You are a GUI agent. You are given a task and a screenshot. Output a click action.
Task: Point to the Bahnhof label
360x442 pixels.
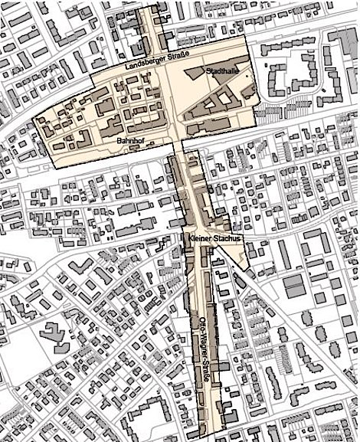point(131,142)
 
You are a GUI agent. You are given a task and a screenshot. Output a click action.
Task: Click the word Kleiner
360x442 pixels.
point(201,240)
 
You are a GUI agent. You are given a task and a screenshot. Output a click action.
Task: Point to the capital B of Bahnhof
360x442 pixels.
point(119,142)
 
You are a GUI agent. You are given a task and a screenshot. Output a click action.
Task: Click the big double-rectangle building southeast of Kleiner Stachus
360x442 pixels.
point(294,287)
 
